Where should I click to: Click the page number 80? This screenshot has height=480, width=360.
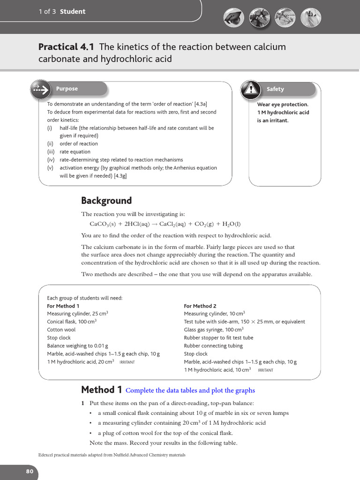tap(30, 471)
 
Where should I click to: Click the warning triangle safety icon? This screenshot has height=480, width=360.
tap(251, 89)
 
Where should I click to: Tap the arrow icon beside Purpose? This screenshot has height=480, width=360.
tap(41, 89)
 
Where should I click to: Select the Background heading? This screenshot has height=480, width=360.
tap(106, 201)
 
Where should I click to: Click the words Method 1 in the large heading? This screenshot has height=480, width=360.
tap(101, 390)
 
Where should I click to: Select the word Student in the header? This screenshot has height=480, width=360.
tap(73, 12)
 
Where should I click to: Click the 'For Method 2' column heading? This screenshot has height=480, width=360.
tap(200, 306)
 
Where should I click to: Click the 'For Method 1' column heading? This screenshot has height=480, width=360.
tap(63, 306)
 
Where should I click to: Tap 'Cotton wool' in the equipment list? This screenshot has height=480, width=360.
tap(61, 330)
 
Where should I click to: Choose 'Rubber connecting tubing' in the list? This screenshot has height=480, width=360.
tap(213, 346)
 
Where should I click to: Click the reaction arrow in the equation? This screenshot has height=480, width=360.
tap(154, 224)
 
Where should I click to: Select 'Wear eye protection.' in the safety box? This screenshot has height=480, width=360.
tap(283, 105)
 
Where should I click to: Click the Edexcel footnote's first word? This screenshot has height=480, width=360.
tap(47, 455)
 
